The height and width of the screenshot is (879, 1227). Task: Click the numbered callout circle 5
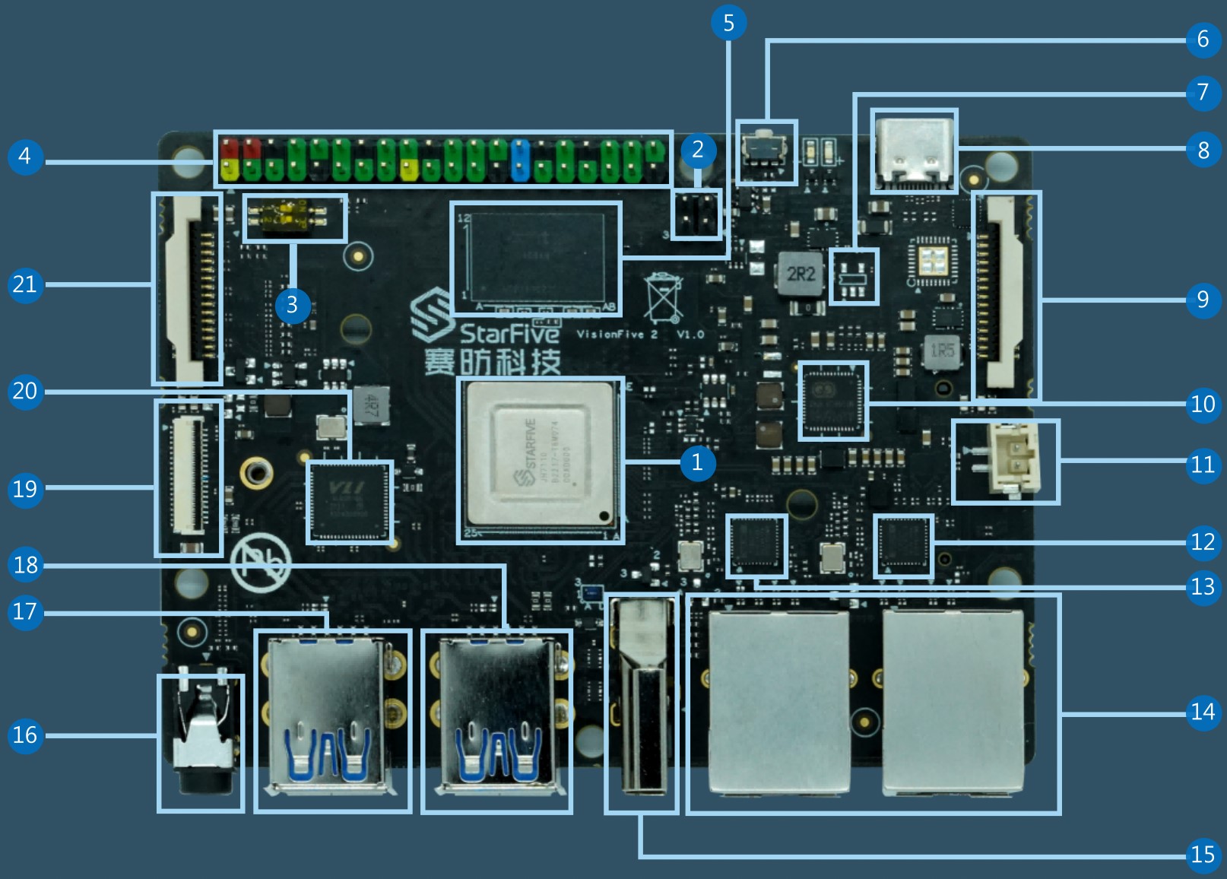(x=728, y=23)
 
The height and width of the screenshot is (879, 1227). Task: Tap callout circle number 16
(x=25, y=735)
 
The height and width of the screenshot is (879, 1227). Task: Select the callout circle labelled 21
(x=25, y=284)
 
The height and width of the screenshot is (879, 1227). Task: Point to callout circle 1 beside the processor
(x=696, y=462)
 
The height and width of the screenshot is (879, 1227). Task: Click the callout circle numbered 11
(x=1202, y=463)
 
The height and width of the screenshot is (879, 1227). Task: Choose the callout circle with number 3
(x=292, y=305)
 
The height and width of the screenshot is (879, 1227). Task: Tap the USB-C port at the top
(x=913, y=152)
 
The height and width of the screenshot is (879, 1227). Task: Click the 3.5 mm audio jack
(x=200, y=741)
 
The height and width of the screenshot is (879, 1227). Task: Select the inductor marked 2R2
(x=801, y=274)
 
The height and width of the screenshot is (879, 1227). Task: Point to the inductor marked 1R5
(x=942, y=351)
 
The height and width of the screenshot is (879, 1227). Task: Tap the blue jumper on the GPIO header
(x=521, y=160)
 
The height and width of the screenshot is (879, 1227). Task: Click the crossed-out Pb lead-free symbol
(x=262, y=564)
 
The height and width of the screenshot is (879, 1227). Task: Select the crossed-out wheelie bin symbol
(x=663, y=297)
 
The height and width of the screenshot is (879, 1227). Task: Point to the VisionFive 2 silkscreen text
(x=617, y=335)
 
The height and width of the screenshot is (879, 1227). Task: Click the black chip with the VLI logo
(x=350, y=502)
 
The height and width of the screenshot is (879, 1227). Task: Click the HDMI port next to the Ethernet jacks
(x=642, y=703)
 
